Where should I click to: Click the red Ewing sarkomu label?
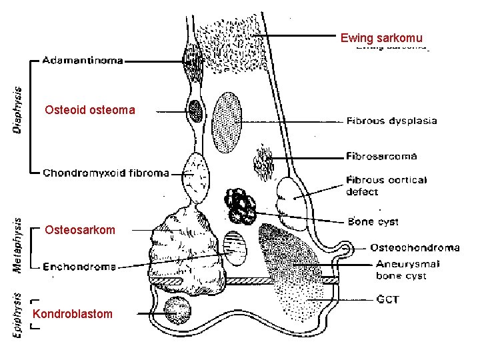pyautogui.click(x=381, y=37)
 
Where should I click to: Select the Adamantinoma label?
pyautogui.click(x=83, y=61)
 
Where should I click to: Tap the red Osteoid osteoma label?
pyautogui.click(x=89, y=109)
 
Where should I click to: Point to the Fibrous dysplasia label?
pyautogui.click(x=391, y=121)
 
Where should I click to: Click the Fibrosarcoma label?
pyautogui.click(x=381, y=157)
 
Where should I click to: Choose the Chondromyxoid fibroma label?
pyautogui.click(x=106, y=173)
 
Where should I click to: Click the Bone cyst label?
pyautogui.click(x=373, y=222)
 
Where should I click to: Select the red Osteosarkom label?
pyautogui.click(x=80, y=230)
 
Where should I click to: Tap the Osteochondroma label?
pyautogui.click(x=415, y=248)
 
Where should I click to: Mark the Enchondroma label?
pyautogui.click(x=79, y=267)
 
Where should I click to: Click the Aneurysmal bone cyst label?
pyautogui.click(x=407, y=269)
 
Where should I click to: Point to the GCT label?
pyautogui.click(x=387, y=299)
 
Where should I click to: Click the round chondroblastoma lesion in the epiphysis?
pyautogui.click(x=177, y=310)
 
